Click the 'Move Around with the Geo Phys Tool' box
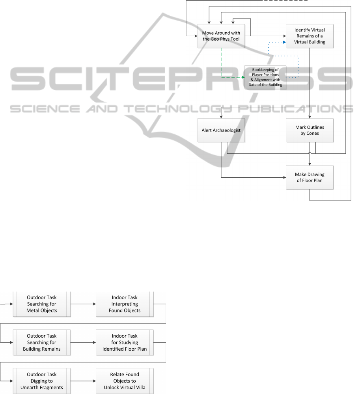pos(221,36)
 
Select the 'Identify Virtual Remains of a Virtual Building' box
pos(310,36)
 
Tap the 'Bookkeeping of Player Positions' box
pos(265,77)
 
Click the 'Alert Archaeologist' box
pos(221,130)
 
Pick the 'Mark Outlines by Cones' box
pos(310,130)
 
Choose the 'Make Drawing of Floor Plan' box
pos(310,177)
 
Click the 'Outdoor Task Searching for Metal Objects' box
pos(42,304)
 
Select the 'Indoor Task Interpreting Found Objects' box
pos(125,304)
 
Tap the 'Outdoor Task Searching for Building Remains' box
pos(42,342)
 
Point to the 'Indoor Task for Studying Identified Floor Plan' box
pos(125,342)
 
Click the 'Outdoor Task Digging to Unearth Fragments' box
pos(42,381)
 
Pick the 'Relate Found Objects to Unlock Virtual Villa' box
pos(125,381)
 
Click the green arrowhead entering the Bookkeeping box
pos(243,77)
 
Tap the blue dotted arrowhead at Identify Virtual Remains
pos(285,42)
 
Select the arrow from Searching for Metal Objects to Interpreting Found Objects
pos(83,304)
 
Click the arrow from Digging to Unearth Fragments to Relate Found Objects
pos(83,381)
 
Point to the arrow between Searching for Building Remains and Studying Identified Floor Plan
pos(83,342)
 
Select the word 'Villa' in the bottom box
pos(140,387)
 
